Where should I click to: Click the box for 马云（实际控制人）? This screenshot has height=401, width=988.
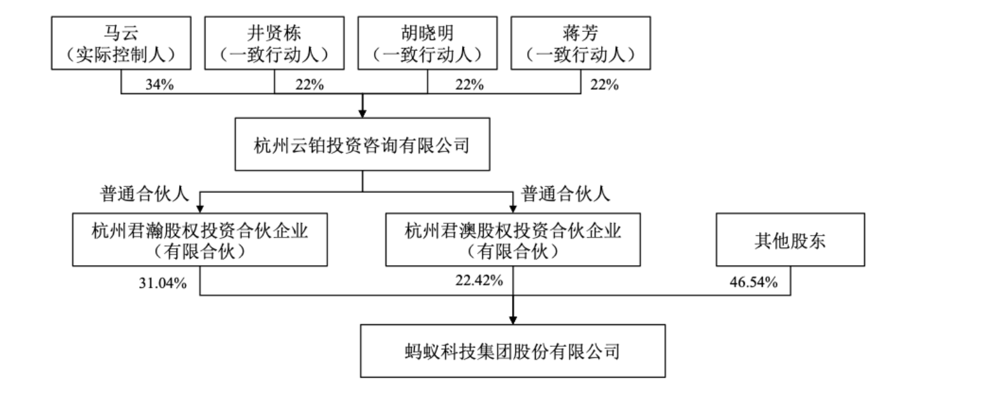pyautogui.click(x=121, y=43)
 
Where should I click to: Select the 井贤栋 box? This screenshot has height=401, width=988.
pyautogui.click(x=274, y=43)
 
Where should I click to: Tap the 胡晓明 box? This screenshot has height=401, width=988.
pyautogui.click(x=428, y=43)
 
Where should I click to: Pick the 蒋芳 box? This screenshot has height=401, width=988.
pyautogui.click(x=581, y=43)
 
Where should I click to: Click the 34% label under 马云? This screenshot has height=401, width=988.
pyautogui.click(x=160, y=84)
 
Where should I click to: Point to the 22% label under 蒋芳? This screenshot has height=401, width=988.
pyautogui.click(x=604, y=84)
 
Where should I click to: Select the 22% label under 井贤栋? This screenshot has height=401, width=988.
pyautogui.click(x=309, y=84)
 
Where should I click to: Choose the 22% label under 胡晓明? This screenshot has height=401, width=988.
pyautogui.click(x=469, y=84)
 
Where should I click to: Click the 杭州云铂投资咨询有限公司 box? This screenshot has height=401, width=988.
pyautogui.click(x=362, y=145)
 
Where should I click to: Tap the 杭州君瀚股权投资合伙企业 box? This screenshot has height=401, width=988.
pyautogui.click(x=200, y=239)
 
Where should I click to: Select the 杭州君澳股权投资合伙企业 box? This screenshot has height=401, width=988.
pyautogui.click(x=513, y=239)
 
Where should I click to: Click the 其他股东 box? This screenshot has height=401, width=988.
pyautogui.click(x=791, y=239)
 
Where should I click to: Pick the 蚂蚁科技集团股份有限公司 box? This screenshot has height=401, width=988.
pyautogui.click(x=512, y=351)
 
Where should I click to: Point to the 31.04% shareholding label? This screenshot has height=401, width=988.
pyautogui.click(x=163, y=283)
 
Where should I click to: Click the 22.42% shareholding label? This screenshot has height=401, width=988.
pyautogui.click(x=479, y=280)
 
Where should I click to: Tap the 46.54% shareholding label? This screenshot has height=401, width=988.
pyautogui.click(x=754, y=282)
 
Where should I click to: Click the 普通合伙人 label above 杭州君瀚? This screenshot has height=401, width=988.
pyautogui.click(x=144, y=194)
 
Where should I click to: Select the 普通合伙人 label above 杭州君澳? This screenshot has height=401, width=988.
pyautogui.click(x=565, y=194)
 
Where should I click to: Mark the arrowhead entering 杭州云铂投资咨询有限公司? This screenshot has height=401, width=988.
pyautogui.click(x=362, y=113)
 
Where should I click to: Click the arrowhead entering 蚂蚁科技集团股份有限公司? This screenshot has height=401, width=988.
pyautogui.click(x=512, y=320)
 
